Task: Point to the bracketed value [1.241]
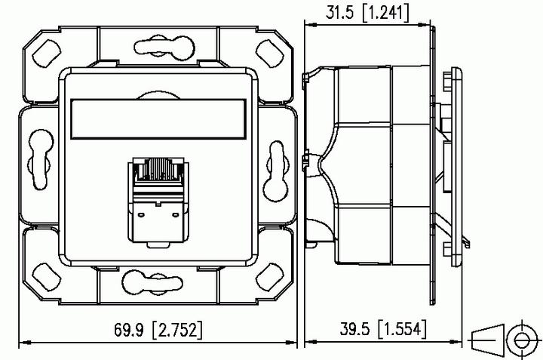(x=385, y=13)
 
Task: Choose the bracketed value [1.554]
(x=403, y=328)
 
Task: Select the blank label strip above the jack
(x=158, y=119)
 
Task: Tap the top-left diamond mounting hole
(x=47, y=54)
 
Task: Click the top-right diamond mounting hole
(x=270, y=54)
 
